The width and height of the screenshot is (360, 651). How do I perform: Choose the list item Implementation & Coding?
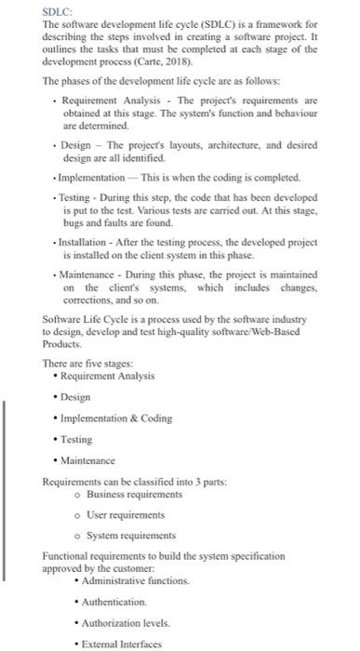[116, 418]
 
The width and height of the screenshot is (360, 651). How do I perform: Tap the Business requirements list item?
[126, 494]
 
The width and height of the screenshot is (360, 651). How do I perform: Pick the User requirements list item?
[118, 514]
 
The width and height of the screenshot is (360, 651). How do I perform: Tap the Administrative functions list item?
[136, 580]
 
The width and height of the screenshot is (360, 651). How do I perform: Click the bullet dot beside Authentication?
[76, 602]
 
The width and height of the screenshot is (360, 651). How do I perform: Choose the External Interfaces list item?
[122, 644]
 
